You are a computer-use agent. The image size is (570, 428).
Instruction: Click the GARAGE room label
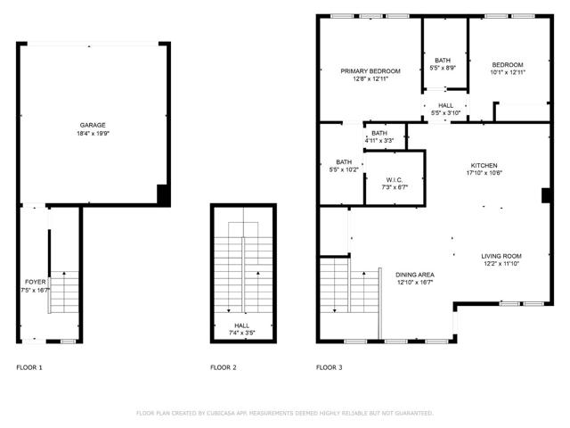point(93,126)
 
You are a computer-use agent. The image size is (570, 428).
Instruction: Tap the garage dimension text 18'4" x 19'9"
point(93,134)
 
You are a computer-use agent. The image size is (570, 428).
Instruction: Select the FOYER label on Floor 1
point(35,282)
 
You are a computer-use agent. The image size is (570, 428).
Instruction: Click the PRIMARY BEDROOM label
point(370,71)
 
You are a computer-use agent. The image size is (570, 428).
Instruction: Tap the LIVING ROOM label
point(501,256)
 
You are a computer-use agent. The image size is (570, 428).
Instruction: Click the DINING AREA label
point(415,275)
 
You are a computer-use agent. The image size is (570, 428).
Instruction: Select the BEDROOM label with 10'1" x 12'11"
point(508,64)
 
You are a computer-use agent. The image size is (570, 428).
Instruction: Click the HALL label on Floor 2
point(242,326)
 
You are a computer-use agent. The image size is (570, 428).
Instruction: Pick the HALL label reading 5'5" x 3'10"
point(445,106)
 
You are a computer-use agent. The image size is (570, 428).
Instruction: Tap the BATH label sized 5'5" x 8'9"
point(443,61)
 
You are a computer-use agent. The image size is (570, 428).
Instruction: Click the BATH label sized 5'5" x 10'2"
point(344,161)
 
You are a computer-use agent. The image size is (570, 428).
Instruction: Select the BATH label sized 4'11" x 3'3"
point(379,134)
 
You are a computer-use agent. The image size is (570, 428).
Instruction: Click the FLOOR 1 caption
point(29,367)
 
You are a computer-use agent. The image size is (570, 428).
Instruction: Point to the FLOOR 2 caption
point(224,367)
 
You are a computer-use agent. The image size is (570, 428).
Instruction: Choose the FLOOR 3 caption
point(329,367)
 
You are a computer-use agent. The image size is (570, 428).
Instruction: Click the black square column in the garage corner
point(163,194)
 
